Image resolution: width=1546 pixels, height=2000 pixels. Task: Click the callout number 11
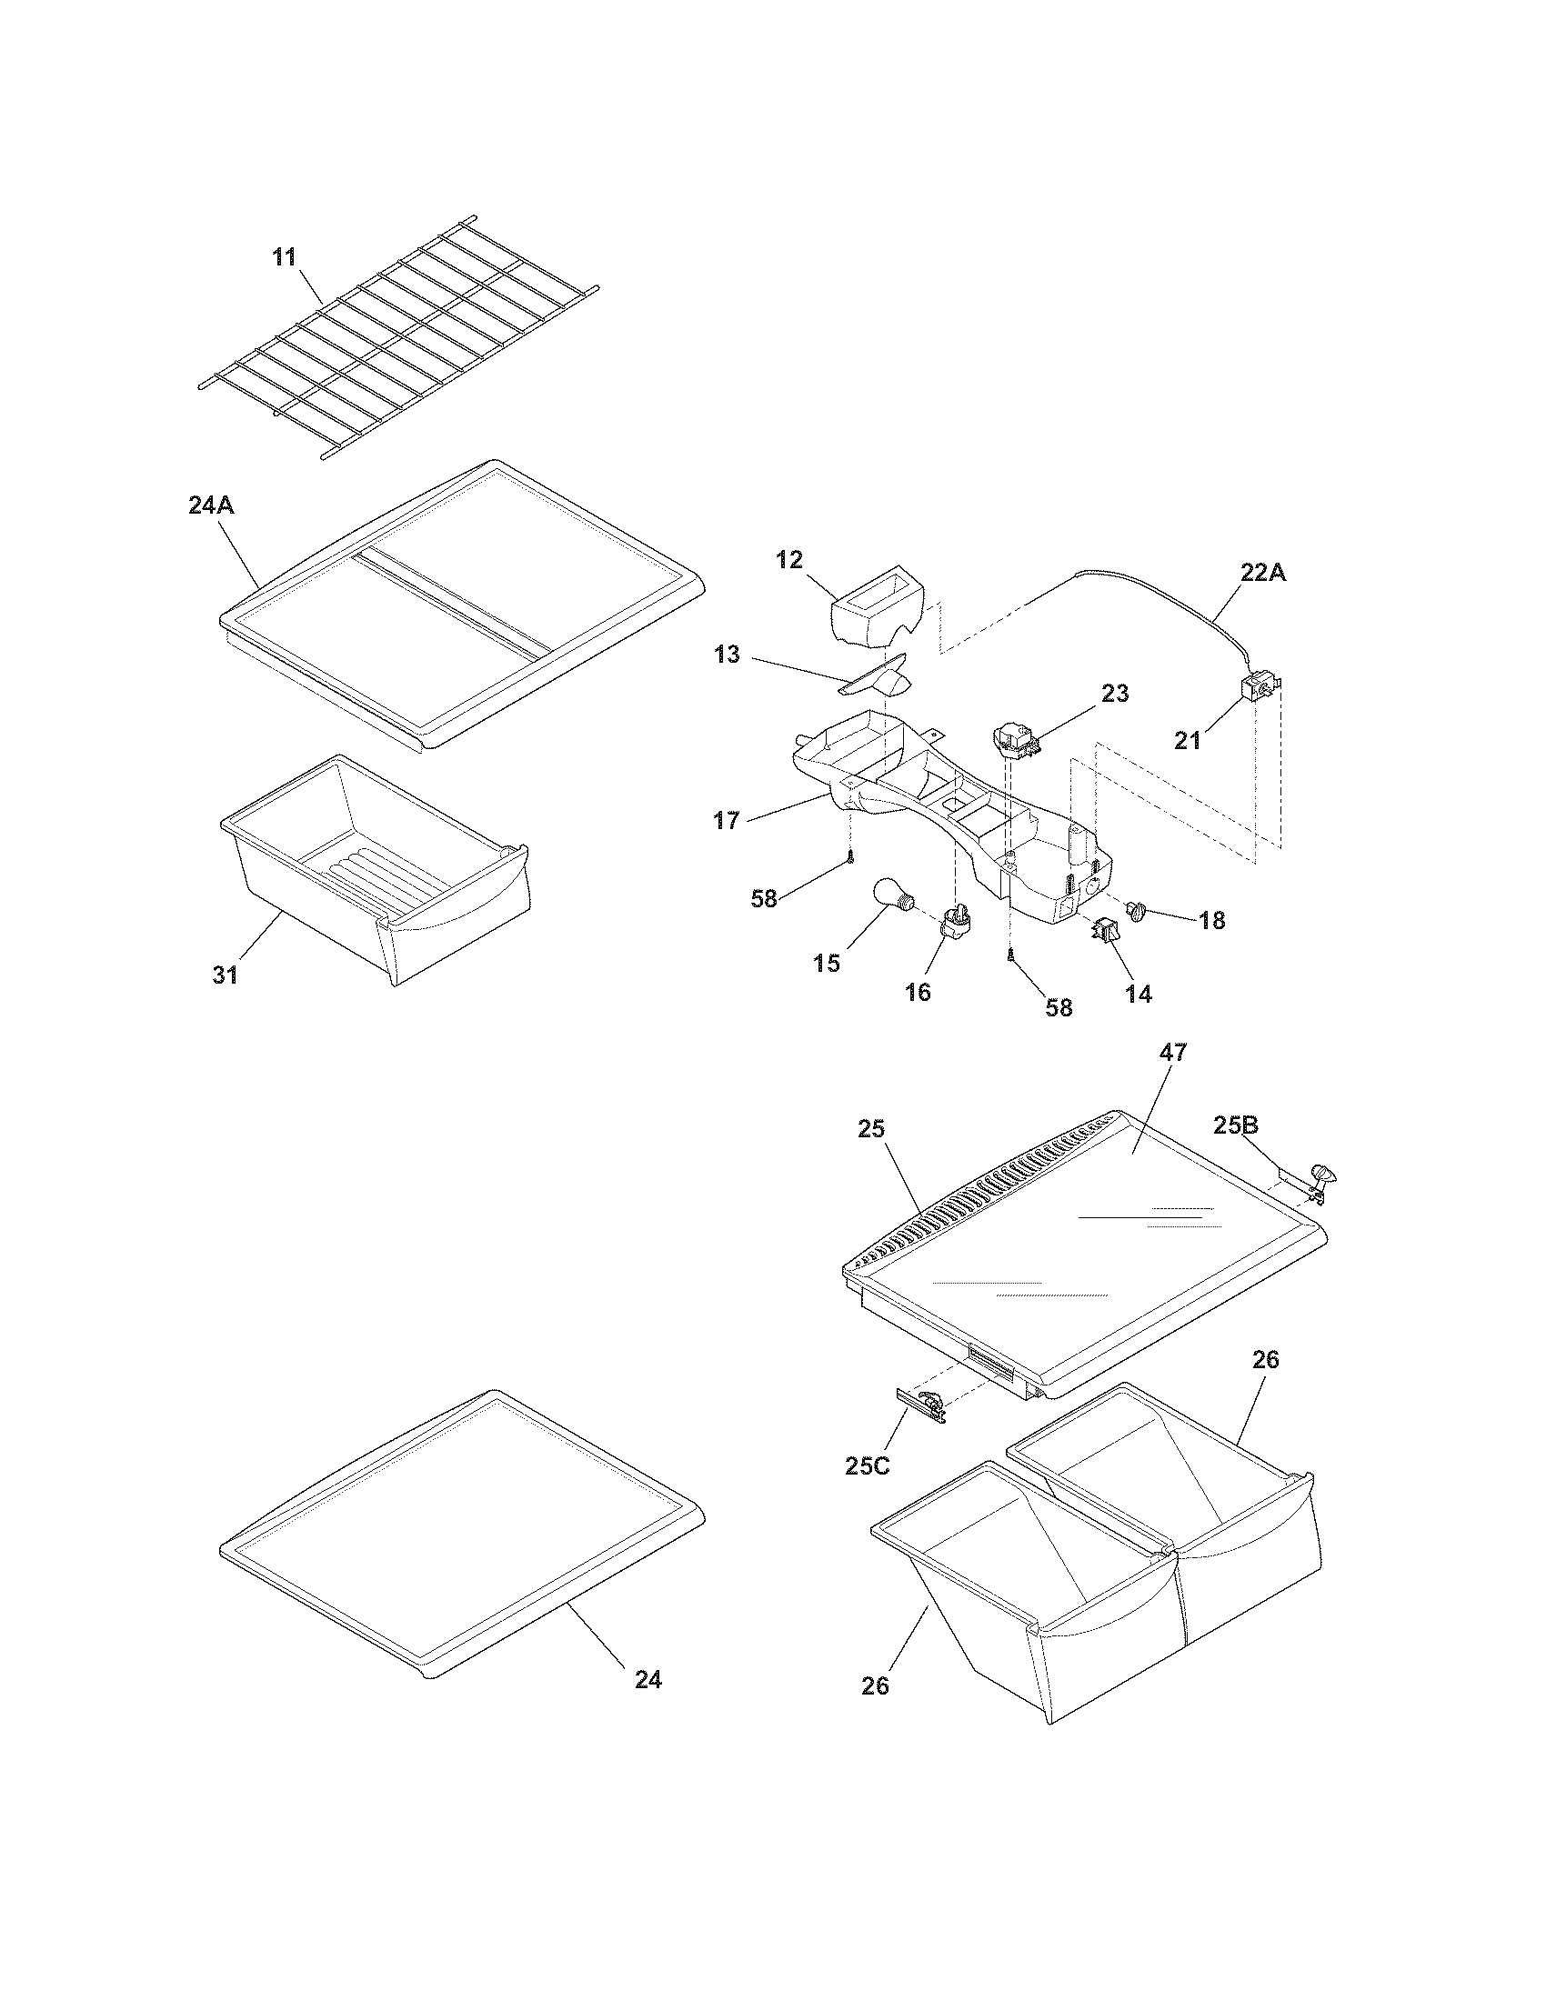point(285,257)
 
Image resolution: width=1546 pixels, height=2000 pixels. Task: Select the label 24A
point(212,505)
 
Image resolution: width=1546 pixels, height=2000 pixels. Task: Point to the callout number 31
point(226,975)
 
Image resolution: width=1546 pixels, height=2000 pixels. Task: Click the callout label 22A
point(1263,573)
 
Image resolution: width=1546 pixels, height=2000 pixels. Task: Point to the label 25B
point(1237,1125)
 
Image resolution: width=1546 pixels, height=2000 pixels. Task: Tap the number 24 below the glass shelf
point(648,1680)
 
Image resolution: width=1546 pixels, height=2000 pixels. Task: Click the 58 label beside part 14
point(1059,1007)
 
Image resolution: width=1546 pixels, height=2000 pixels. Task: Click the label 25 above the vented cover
point(871,1129)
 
